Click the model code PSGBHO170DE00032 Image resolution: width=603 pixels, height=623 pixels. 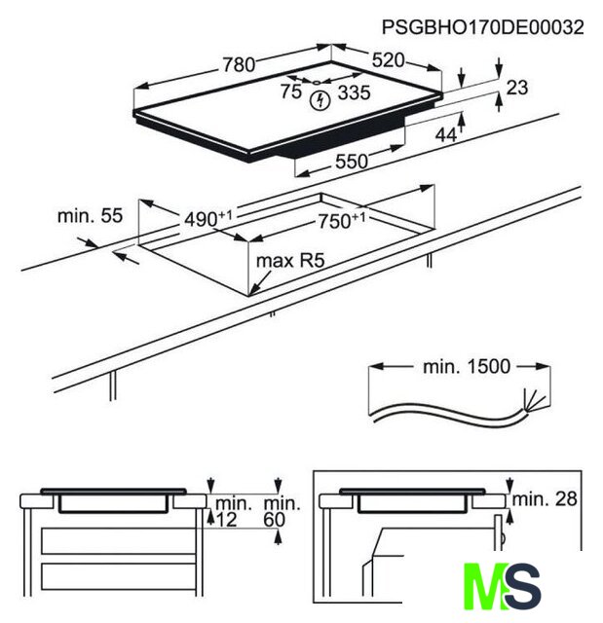(482, 27)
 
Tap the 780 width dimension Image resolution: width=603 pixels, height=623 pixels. (239, 65)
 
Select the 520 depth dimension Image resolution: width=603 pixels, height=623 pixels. (388, 60)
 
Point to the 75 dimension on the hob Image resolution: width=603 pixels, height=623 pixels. (291, 92)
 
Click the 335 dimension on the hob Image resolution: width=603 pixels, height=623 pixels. (354, 92)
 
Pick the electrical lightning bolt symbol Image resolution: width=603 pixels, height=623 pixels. (320, 101)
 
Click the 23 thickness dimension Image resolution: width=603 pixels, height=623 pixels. (516, 88)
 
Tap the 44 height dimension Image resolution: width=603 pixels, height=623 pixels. (446, 135)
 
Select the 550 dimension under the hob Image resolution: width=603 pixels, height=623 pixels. (352, 162)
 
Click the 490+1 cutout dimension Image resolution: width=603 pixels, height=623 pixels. (207, 218)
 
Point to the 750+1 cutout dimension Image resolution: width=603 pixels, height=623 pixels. (342, 221)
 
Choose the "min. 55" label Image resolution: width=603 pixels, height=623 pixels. (90, 216)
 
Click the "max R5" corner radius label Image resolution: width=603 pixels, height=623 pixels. (290, 261)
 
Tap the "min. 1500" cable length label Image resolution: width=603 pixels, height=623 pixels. (467, 367)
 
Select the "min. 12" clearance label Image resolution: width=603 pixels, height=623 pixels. (234, 512)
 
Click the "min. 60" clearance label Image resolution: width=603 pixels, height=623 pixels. (282, 512)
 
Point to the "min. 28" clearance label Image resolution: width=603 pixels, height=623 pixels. (545, 499)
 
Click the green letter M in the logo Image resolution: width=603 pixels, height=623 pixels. (484, 586)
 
